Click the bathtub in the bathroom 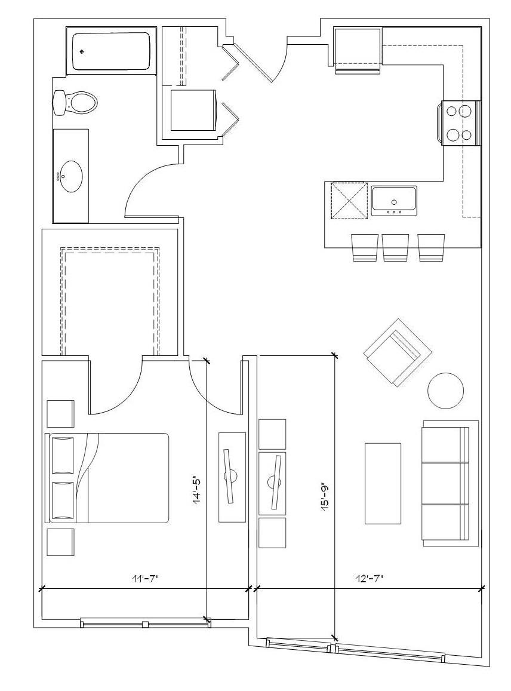point(111,51)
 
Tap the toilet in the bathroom point(75,103)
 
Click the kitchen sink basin point(394,201)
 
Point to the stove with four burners point(460,123)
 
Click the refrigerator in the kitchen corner point(357,50)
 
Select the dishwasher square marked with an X point(349,201)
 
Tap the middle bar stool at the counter point(396,247)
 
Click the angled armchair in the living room point(398,352)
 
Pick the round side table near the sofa point(446,391)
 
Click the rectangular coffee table point(383,483)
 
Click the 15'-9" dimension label point(326,497)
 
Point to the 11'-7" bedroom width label point(144,578)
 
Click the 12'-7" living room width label point(370,578)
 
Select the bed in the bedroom point(107,478)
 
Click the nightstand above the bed point(60,414)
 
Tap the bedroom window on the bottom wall point(146,624)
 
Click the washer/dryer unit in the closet point(193,110)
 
